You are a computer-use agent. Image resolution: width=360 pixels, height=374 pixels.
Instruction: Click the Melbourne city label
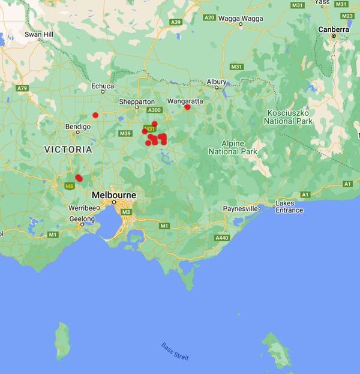coord(114,196)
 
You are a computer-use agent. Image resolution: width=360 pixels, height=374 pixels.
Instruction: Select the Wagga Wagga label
coord(241,18)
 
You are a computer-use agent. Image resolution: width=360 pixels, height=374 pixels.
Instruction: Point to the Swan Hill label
coord(39,34)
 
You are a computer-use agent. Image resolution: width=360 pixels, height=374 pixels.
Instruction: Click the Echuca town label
coord(103,86)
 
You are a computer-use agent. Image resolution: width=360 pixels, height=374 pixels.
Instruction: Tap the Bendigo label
coord(78,127)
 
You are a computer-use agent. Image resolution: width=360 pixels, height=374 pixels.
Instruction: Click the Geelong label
coord(82,219)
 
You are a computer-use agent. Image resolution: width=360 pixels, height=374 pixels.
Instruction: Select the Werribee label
coord(81,208)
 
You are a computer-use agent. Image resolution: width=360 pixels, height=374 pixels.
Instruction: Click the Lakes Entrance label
coord(289,207)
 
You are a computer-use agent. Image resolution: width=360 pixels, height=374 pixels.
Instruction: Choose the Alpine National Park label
coord(233,148)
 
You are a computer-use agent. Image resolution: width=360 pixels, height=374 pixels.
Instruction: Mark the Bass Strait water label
coord(175,351)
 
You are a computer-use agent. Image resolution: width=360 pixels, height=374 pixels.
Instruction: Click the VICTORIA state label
coord(68,149)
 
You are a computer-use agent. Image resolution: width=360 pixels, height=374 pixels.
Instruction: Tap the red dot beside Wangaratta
coord(187,107)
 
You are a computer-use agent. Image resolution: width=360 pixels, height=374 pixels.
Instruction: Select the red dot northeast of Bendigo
coord(95,115)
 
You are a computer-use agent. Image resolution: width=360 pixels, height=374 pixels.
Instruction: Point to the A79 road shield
coord(23,88)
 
